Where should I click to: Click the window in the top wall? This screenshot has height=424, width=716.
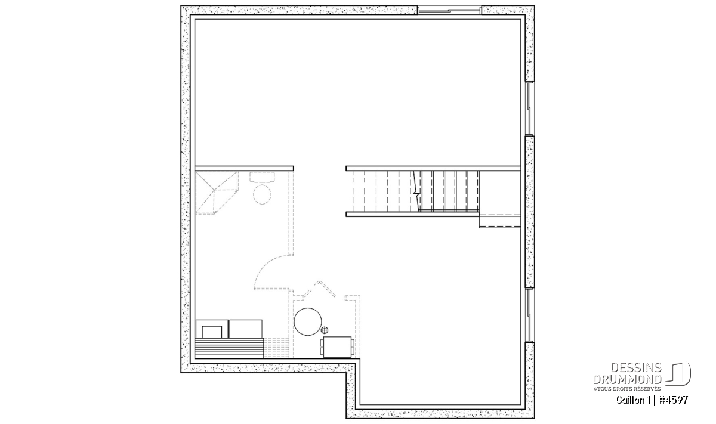(x=449, y=11)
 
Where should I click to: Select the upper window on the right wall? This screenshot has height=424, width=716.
(x=530, y=109)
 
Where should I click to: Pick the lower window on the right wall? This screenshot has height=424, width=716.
(x=530, y=315)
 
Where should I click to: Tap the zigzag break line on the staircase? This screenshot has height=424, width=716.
(x=417, y=191)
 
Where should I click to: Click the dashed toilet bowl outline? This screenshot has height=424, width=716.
(x=262, y=194)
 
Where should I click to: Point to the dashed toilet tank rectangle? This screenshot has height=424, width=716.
(x=262, y=177)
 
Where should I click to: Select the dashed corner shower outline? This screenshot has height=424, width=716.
(x=217, y=193)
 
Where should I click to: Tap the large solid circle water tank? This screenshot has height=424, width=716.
(x=308, y=322)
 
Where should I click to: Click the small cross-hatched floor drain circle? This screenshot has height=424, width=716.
(x=325, y=330)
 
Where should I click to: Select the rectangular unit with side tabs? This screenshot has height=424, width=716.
(x=337, y=347)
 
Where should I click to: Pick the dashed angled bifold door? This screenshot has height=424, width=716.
(x=319, y=289)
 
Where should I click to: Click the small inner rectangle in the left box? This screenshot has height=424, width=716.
(x=212, y=332)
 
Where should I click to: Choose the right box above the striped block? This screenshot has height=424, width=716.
(x=246, y=329)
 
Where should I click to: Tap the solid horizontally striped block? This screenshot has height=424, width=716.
(x=229, y=348)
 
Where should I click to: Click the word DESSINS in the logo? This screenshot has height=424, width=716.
(x=636, y=368)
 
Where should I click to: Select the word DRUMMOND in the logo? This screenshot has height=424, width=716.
(x=628, y=379)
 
